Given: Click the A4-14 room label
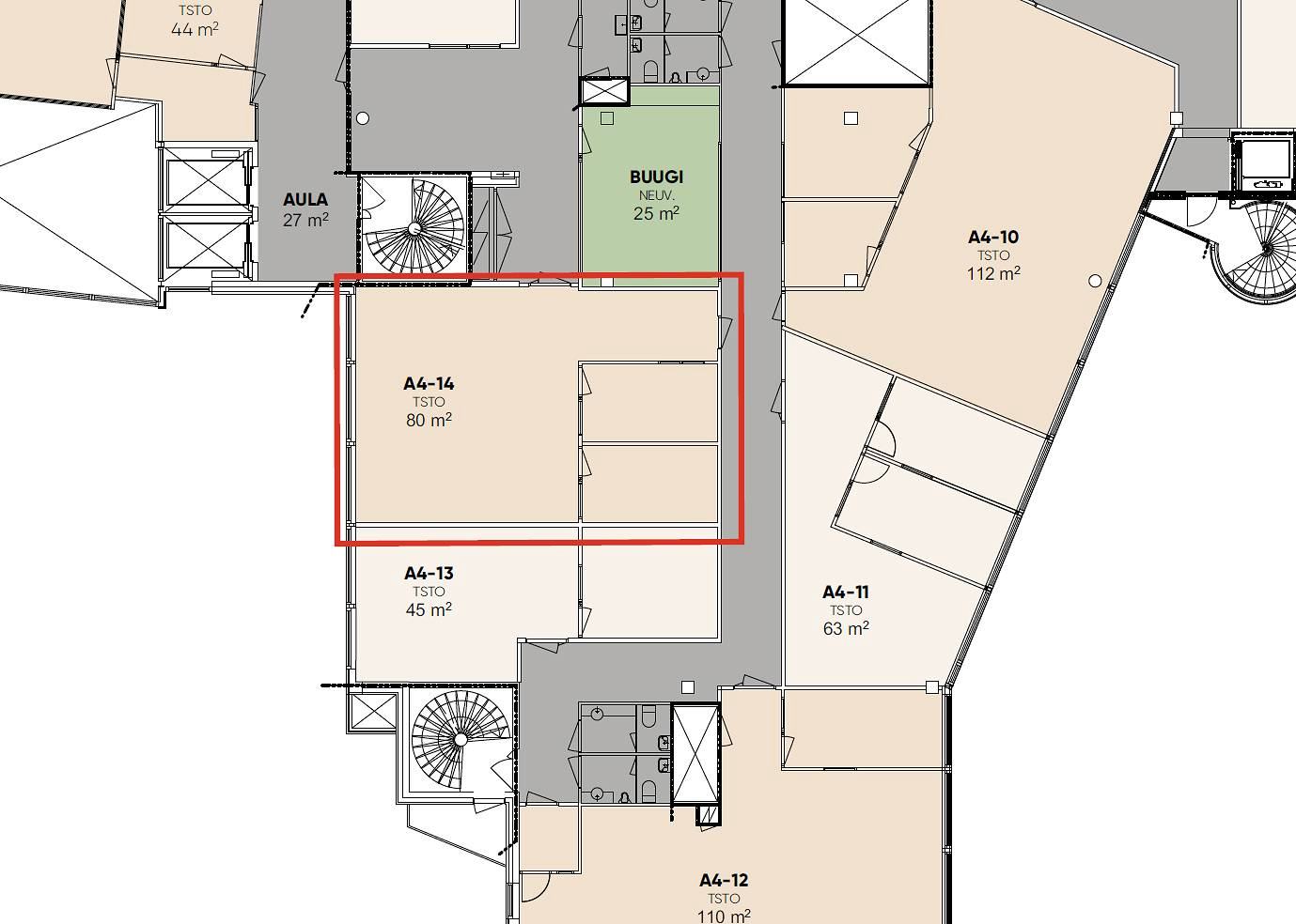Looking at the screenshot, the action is pos(429,383).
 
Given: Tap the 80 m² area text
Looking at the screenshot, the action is pos(429,420).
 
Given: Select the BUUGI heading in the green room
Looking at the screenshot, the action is pos(656,177).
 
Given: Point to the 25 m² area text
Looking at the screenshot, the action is pos(656,213).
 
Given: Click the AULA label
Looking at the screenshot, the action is pos(305,199).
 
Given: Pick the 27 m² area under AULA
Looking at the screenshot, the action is pos(305,220).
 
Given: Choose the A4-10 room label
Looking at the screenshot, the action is pos(993,237).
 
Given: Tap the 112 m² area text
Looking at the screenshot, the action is pos(993,273).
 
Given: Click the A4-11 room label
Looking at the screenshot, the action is pos(846,593).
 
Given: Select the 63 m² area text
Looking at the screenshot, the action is pos(846,628).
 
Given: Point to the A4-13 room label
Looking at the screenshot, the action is pos(429,573).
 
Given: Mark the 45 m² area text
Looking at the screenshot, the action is pos(429,609).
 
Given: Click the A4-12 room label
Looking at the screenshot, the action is pos(724,880).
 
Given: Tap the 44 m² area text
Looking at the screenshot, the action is pos(195,29).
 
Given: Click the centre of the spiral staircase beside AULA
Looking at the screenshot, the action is pos(414,229).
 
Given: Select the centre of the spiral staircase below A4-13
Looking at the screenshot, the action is pos(461,740).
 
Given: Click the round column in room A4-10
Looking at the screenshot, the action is pos(1095,281).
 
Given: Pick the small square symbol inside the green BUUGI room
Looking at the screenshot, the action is pos(607,118).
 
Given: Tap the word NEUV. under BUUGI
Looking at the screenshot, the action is pos(656,195).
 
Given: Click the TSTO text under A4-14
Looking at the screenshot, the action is pos(429,402).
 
